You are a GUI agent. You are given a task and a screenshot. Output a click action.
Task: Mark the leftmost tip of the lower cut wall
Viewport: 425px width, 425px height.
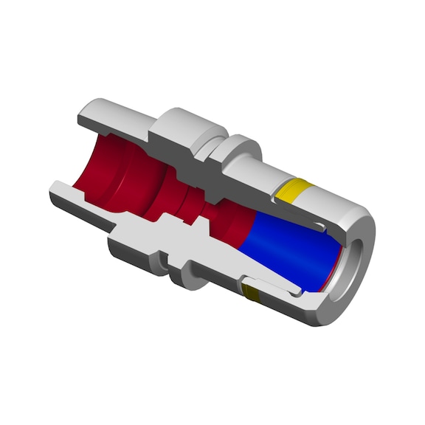click(x=53, y=193)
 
